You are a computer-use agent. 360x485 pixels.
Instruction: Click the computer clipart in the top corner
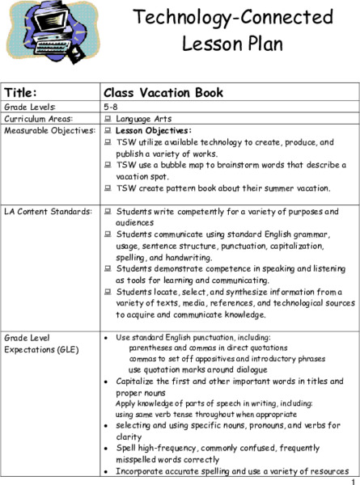coord(46,32)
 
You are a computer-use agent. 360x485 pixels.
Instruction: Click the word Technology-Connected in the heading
coord(233,17)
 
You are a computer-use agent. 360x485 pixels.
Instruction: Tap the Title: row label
coord(21,91)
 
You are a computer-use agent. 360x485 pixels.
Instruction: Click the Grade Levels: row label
coord(29,106)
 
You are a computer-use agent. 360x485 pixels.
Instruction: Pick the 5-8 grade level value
coord(111,106)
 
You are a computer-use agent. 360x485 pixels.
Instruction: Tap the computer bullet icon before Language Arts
coord(108,119)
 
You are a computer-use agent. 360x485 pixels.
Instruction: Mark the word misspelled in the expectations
coord(137,459)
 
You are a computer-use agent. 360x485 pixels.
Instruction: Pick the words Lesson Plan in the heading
coord(232,43)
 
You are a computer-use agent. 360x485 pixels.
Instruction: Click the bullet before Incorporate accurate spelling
coord(107,470)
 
